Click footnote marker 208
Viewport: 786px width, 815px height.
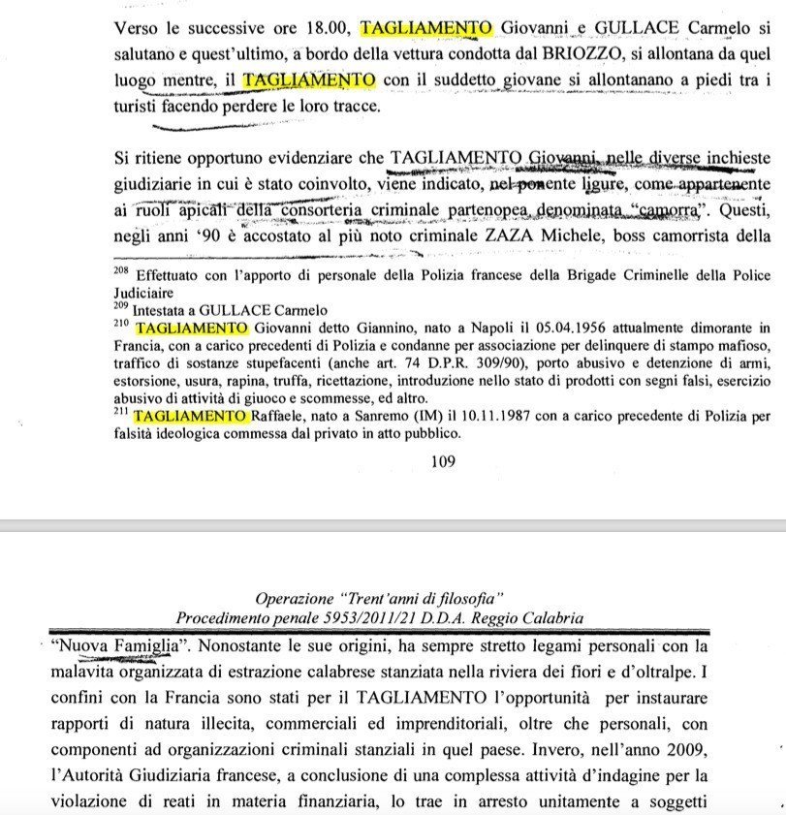[121, 272]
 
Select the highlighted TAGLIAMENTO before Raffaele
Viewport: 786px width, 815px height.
[192, 417]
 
